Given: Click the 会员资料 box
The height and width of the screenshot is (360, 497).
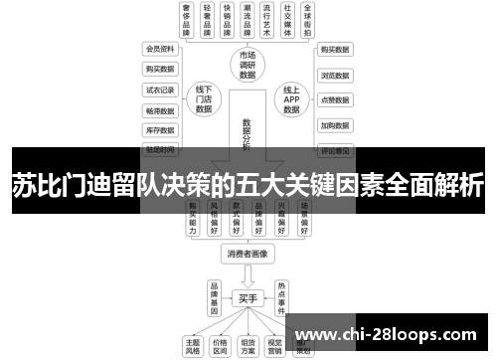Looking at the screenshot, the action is pyautogui.click(x=160, y=48).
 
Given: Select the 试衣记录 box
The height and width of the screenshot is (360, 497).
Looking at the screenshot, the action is pyautogui.click(x=160, y=90).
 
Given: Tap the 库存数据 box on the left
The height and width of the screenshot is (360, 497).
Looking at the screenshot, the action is pyautogui.click(x=160, y=129).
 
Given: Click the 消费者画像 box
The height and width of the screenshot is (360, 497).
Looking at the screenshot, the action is pyautogui.click(x=248, y=254).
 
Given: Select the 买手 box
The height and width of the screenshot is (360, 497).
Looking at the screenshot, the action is pyautogui.click(x=248, y=297).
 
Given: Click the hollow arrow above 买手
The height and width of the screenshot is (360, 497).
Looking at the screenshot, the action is pyautogui.click(x=248, y=275).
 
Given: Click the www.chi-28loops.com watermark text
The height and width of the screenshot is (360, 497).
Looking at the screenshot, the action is pyautogui.click(x=398, y=333).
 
